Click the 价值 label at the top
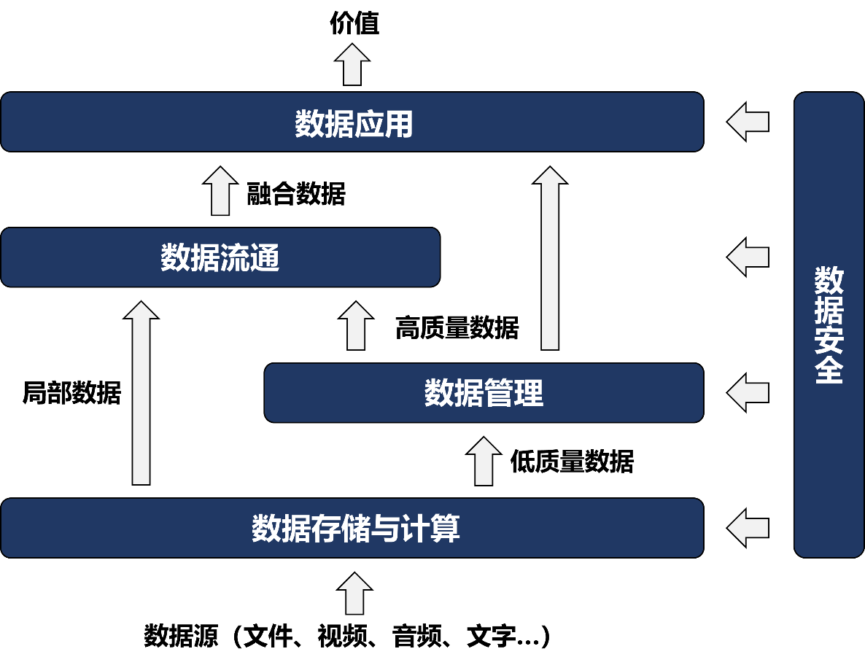[354, 23]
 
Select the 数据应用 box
[352, 122]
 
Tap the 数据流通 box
[220, 257]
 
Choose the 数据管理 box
[484, 392]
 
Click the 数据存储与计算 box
[352, 528]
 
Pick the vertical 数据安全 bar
[829, 324]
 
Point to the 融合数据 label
[295, 193]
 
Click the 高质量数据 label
[457, 328]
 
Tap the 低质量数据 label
[572, 462]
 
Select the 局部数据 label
[71, 392]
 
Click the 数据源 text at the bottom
[181, 636]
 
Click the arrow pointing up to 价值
[352, 64]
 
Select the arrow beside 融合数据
[220, 190]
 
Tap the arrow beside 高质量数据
[356, 325]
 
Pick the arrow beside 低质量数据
[484, 461]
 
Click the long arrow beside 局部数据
[141, 392]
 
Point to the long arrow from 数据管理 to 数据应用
[550, 258]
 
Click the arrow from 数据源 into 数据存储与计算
[354, 594]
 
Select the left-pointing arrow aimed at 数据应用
[748, 122]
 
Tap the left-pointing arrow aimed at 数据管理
[748, 392]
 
